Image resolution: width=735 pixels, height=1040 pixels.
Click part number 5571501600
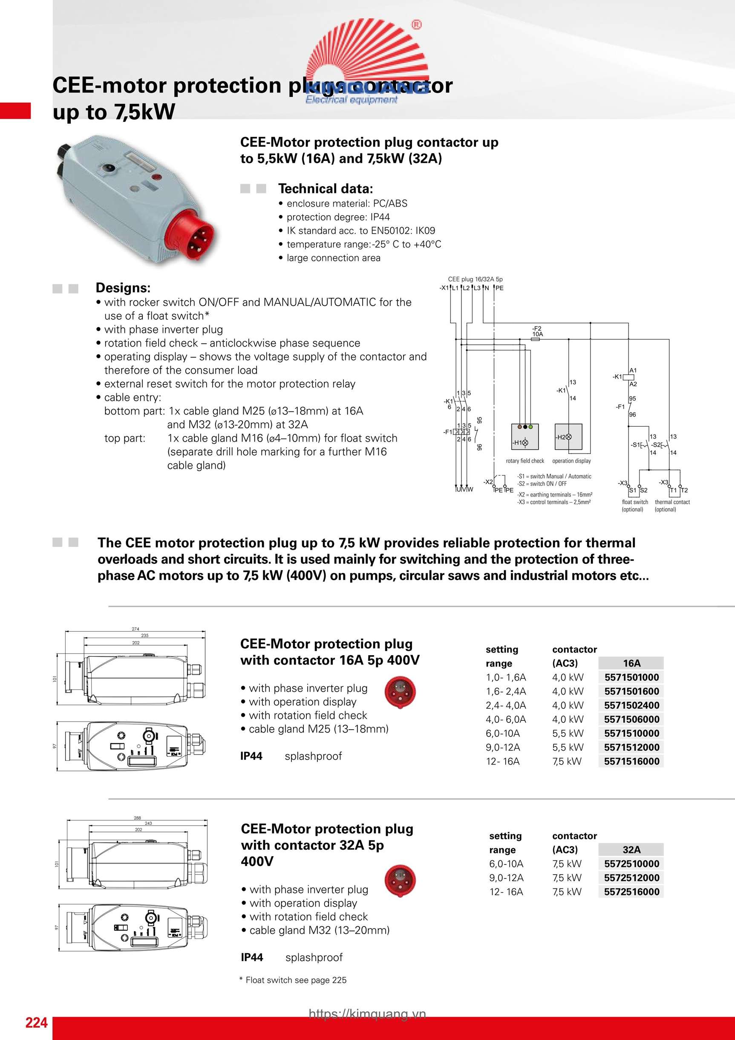point(631,691)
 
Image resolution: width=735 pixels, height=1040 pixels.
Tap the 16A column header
point(631,663)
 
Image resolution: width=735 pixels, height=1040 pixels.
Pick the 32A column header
point(631,849)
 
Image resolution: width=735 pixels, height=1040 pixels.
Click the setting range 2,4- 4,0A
point(506,705)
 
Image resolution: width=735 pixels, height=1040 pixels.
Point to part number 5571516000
point(631,761)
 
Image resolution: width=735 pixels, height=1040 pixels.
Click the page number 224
point(36,1023)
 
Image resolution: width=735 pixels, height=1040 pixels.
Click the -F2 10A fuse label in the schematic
point(537,332)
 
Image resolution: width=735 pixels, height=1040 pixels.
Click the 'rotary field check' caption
point(525,461)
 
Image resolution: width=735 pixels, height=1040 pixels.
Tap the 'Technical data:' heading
point(325,188)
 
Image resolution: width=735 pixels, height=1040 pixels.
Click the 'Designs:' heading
point(123,288)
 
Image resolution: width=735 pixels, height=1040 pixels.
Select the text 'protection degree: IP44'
point(338,217)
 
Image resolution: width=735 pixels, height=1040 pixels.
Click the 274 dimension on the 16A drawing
point(135,629)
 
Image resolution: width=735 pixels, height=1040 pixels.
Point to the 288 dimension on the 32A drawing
point(137,818)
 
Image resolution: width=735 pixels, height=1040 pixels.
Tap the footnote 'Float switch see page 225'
point(295,980)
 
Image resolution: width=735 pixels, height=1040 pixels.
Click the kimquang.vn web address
point(367,1014)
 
